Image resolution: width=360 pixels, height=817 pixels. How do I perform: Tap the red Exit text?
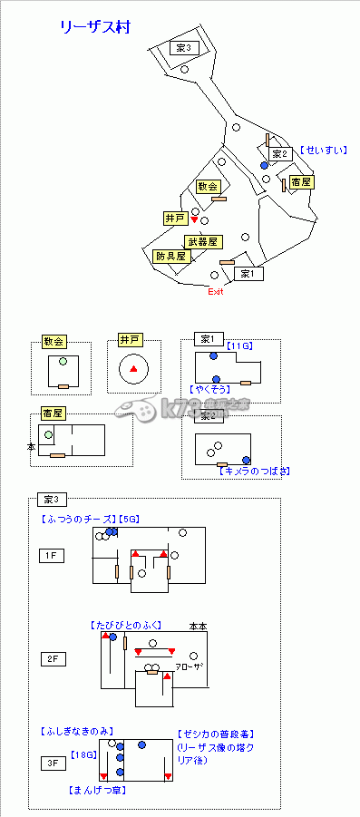215,291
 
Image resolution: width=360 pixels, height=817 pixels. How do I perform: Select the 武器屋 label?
202,241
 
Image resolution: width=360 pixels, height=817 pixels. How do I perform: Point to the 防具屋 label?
170,256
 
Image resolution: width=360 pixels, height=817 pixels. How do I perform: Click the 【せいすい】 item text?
324,151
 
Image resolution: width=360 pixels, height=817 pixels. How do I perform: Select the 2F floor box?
51,659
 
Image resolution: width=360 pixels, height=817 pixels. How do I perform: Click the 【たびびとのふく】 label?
124,625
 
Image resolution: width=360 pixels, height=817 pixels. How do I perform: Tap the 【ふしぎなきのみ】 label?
75,730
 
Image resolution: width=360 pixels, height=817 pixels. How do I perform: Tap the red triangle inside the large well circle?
134,369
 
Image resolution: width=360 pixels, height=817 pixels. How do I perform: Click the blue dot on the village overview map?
264,166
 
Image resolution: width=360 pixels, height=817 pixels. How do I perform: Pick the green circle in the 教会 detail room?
63,361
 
